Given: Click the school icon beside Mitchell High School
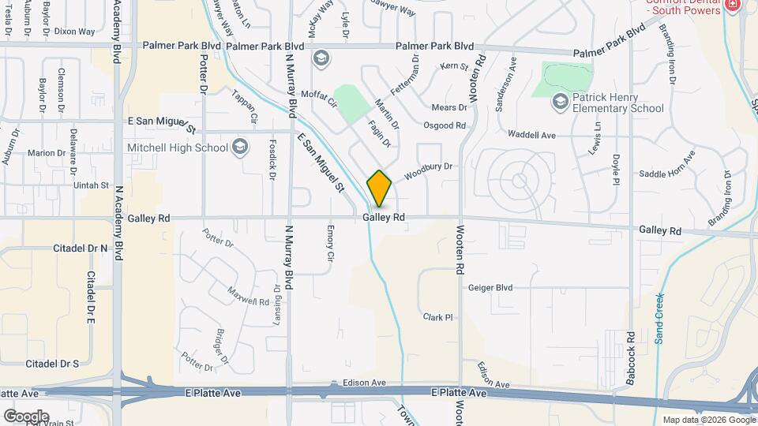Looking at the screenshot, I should (240, 146).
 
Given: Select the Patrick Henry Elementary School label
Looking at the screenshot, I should (618, 103).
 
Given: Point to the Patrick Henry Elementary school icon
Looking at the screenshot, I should (560, 101).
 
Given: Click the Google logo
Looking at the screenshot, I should (25, 416).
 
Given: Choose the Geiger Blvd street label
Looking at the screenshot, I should (490, 288).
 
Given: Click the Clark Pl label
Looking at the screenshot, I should (437, 317).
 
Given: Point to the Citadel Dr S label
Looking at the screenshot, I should (52, 364).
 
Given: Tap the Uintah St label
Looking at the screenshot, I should (88, 185).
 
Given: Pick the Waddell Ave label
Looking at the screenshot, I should (533, 136).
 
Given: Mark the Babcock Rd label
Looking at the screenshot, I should (631, 364).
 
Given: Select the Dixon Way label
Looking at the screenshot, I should (74, 32).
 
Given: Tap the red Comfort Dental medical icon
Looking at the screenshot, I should (733, 5).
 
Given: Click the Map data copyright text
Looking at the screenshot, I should (707, 419).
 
